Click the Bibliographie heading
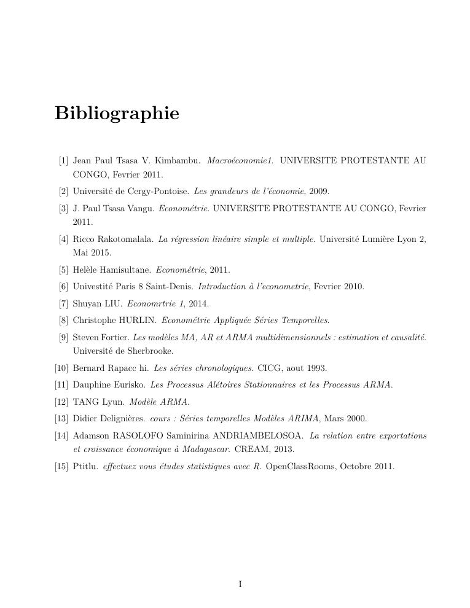117,114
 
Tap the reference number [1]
63,161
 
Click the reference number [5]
63,270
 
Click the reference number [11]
61,385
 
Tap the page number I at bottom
240,584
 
